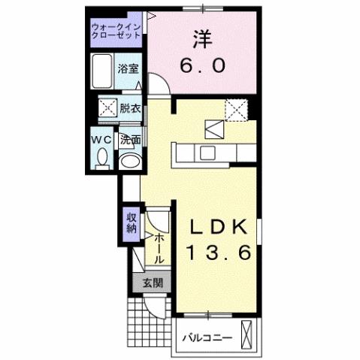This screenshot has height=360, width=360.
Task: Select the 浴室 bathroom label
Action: point(128,69)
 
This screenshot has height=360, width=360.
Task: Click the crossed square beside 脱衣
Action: point(107,108)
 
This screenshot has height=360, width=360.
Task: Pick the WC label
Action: point(103,140)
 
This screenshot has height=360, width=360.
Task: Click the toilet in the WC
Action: point(103,157)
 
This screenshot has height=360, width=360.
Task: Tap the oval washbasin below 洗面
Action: point(130,159)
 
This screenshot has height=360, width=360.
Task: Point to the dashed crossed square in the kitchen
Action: point(240,111)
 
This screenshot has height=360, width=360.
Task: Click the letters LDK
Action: point(219,227)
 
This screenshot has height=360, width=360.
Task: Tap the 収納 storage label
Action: point(132,223)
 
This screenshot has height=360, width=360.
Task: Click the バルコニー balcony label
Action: point(207,336)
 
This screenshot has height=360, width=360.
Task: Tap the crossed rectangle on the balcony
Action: point(247,331)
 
